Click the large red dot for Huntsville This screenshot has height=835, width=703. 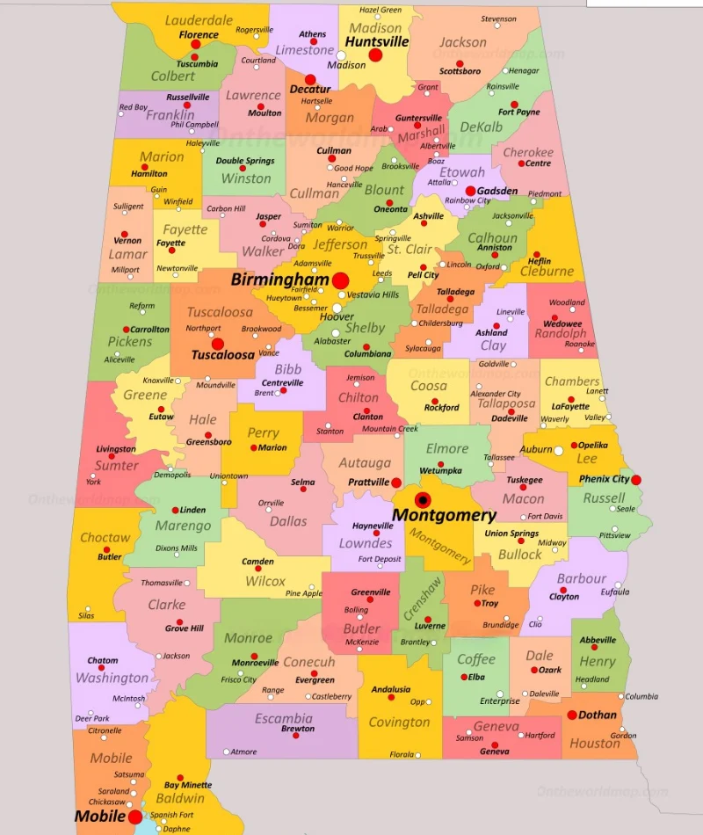coord(375,54)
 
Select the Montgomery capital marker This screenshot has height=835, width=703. coord(423,500)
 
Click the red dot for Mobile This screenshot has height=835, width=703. coord(134,817)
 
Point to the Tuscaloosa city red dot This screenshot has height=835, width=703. coord(218,344)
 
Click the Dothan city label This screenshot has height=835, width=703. coord(598,715)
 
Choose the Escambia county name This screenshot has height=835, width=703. coord(283,718)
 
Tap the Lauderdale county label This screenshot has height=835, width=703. coord(199,20)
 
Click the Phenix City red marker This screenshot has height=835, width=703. coord(636,479)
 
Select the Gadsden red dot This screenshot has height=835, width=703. coord(470,191)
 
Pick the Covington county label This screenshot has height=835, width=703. coord(399,722)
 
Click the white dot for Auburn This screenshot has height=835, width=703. coord(559,450)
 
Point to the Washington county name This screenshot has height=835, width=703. coord(112,678)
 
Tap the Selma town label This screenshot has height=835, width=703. coord(302,483)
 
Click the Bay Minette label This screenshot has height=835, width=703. coord(188,785)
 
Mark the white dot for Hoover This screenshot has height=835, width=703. coord(337,308)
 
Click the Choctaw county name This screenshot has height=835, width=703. coord(105,537)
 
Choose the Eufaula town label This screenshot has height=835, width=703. coord(615,592)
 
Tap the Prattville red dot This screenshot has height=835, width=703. coord(396,483)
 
